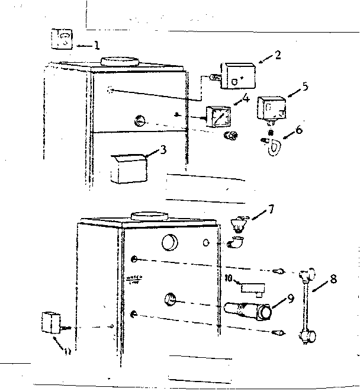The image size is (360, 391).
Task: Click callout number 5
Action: tap(304, 86)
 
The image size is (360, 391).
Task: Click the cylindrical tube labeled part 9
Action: tap(248, 310)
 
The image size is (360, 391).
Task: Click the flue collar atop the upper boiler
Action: tap(120, 61)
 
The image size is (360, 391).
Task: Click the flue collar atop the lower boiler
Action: tap(148, 216)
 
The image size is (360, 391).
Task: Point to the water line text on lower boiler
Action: tap(133, 278)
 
